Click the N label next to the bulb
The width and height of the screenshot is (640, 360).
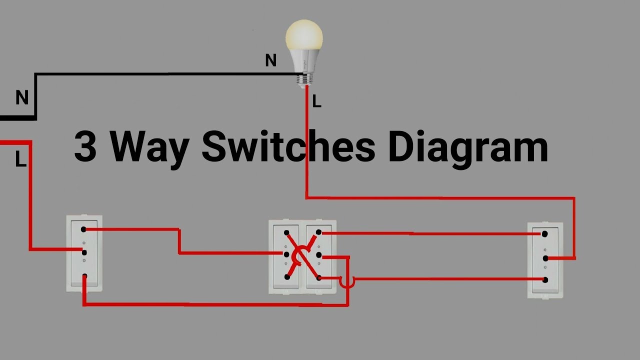(270, 60)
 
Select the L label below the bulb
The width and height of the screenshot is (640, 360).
(316, 102)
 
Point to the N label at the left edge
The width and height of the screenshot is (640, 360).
(22, 98)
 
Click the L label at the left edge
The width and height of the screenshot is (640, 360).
(20, 160)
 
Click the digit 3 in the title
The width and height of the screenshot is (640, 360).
(85, 146)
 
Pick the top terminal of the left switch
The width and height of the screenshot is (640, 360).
(84, 229)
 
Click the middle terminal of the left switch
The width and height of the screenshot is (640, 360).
(84, 252)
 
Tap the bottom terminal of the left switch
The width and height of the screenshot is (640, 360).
(85, 276)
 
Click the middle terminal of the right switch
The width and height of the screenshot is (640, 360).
(545, 258)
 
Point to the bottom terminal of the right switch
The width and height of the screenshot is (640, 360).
(545, 279)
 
